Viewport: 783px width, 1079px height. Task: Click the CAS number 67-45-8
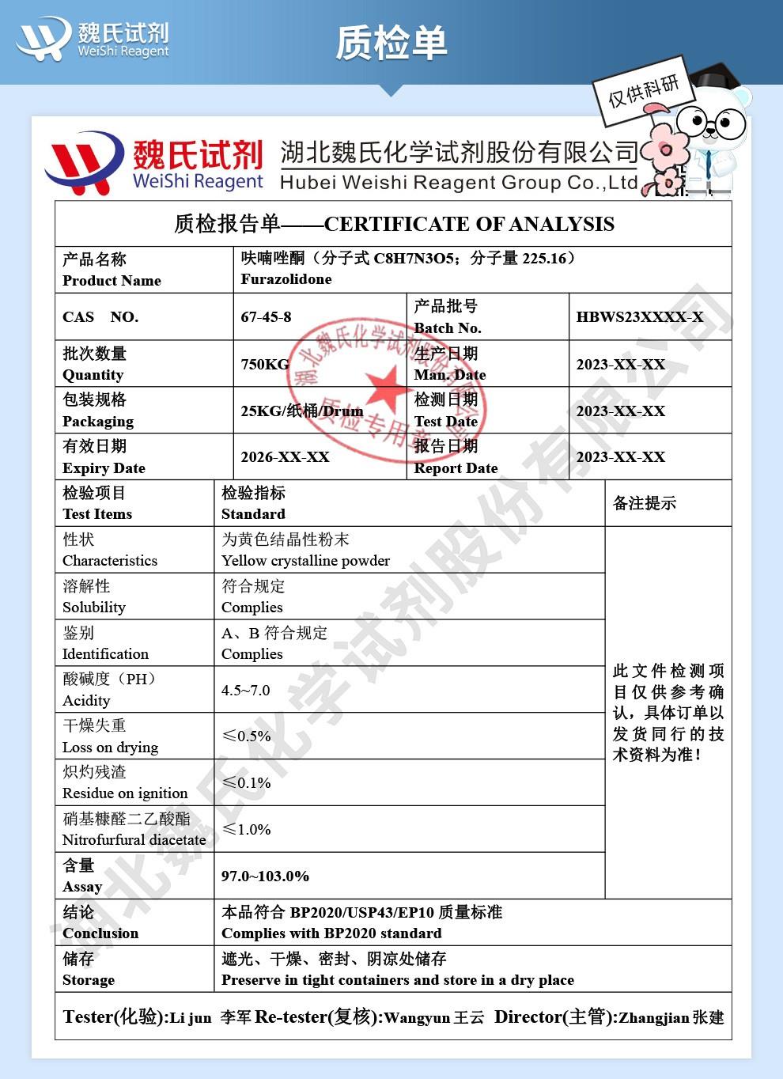[x=266, y=317]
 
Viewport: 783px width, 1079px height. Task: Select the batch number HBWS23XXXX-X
[x=639, y=317]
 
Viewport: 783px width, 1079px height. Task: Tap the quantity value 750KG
[x=265, y=364]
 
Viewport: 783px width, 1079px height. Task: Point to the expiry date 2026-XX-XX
[x=285, y=457]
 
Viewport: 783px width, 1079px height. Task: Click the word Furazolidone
[x=286, y=279]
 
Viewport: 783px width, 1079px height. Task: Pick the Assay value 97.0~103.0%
[x=265, y=876]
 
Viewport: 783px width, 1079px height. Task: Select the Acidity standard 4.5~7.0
[x=245, y=690]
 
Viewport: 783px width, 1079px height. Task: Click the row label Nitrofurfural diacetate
[x=134, y=840]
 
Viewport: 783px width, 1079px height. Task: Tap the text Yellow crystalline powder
[x=305, y=561]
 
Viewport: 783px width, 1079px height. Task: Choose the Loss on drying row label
[x=110, y=747]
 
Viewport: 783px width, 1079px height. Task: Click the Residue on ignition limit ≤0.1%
[x=246, y=782]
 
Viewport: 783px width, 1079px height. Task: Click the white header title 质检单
[x=391, y=42]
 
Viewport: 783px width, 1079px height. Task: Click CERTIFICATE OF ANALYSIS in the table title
[x=469, y=224]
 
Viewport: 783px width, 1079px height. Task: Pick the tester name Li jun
[x=191, y=1018]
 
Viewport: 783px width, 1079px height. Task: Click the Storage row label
[x=88, y=980]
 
